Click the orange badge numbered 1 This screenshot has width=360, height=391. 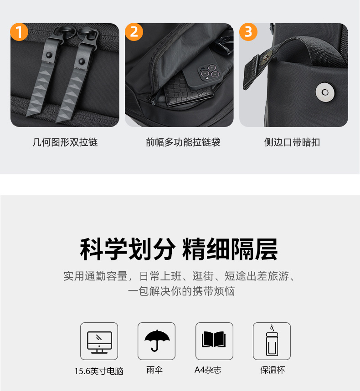(19, 32)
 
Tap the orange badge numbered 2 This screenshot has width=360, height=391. (134, 32)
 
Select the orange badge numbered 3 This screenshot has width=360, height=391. (248, 32)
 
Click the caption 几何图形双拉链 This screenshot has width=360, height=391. (65, 142)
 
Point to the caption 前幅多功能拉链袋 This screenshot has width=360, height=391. (183, 142)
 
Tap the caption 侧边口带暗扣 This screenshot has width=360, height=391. (292, 142)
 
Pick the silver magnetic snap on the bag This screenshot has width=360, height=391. (325, 92)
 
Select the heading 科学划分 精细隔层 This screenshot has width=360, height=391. (179, 249)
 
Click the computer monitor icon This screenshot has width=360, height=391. (99, 342)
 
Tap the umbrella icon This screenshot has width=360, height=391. (157, 340)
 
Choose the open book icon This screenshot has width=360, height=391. (214, 339)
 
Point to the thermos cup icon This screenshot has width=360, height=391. (272, 340)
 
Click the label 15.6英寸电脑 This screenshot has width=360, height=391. (98, 371)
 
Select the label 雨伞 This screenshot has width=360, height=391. (154, 370)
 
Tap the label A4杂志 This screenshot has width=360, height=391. (208, 370)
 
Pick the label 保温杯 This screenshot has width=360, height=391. (273, 370)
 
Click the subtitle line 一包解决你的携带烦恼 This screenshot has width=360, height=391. (181, 291)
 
